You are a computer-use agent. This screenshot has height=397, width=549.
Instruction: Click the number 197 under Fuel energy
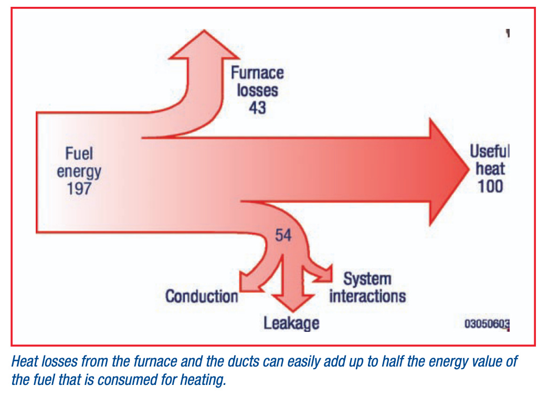[79, 188]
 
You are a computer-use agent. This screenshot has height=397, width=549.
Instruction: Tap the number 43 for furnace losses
[257, 107]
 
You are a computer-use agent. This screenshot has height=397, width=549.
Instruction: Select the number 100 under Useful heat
[490, 186]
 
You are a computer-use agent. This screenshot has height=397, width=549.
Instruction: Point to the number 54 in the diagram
[283, 235]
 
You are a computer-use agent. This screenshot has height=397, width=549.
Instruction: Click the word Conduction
[202, 296]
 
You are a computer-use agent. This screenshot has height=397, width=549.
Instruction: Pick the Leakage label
[291, 322]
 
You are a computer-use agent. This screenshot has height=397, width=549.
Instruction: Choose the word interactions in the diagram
[367, 296]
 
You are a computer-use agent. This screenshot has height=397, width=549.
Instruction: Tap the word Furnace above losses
[257, 72]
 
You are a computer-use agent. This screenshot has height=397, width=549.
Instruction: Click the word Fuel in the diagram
[79, 154]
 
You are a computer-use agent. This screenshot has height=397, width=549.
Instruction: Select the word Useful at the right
[489, 152]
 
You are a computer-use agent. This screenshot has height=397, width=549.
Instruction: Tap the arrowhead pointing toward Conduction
[245, 281]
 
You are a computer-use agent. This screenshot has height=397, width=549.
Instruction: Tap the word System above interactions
[367, 279]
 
